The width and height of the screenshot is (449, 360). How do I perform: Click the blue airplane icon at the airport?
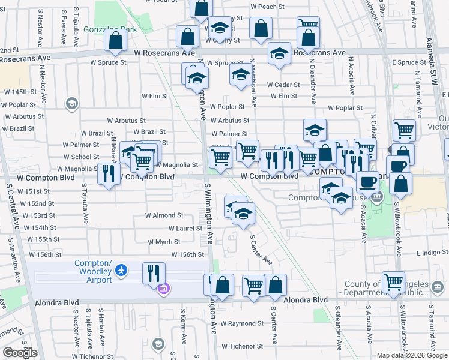coord(122,271)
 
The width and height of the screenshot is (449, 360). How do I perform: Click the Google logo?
coord(20,353)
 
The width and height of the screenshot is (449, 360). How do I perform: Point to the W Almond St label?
coord(164,215)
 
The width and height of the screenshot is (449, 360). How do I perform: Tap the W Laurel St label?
coord(185,228)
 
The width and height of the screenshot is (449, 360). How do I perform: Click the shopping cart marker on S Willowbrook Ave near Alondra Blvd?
coord(394,281)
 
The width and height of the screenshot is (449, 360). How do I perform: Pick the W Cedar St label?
coord(283,85)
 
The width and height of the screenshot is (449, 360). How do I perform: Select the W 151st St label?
coord(33,191)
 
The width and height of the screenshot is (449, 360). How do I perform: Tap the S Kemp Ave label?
coord(182,327)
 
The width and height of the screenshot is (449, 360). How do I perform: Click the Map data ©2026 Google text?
coord(412,355)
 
